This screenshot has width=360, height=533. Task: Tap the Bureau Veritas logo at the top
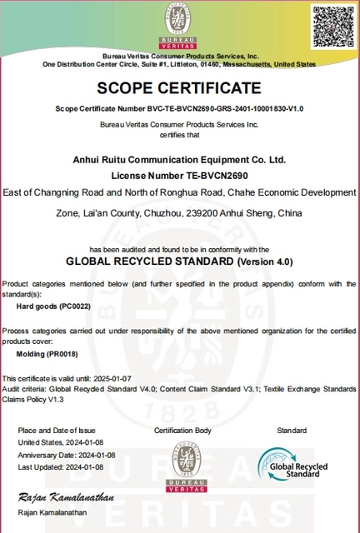[x=180, y=23]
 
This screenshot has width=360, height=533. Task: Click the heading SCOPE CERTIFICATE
[x=179, y=88]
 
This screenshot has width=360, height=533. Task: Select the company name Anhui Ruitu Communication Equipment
[x=180, y=159]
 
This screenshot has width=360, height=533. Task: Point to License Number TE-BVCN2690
[x=180, y=176]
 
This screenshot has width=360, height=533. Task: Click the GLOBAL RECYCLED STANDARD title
[x=179, y=261]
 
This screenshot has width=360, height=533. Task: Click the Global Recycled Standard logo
[x=292, y=462]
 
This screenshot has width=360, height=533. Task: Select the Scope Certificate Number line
[x=180, y=109]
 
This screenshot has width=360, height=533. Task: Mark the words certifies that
[x=180, y=133]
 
